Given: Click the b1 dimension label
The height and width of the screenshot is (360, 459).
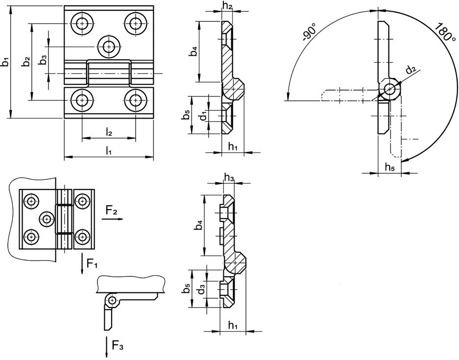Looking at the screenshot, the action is coord(5,63).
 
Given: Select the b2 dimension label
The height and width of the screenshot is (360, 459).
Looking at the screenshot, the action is coord(26,62).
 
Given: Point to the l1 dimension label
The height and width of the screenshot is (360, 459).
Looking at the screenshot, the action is coord(108,151).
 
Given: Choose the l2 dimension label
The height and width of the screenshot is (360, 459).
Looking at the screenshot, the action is coord(108,133).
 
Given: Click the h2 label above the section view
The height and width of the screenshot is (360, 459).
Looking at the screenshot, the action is coord(227,5).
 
